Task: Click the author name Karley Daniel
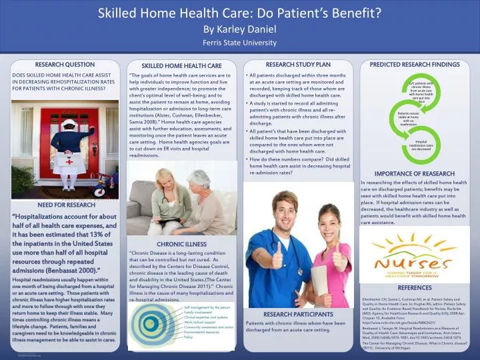click(x=239, y=29)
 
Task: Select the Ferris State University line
click(x=239, y=42)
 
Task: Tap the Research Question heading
click(x=65, y=65)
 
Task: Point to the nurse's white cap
click(x=69, y=124)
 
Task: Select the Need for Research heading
click(x=65, y=205)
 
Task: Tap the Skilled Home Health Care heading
click(x=181, y=66)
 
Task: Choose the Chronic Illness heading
click(x=181, y=245)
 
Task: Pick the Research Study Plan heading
click(x=298, y=65)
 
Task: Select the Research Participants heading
click(x=298, y=313)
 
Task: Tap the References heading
click(x=415, y=287)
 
